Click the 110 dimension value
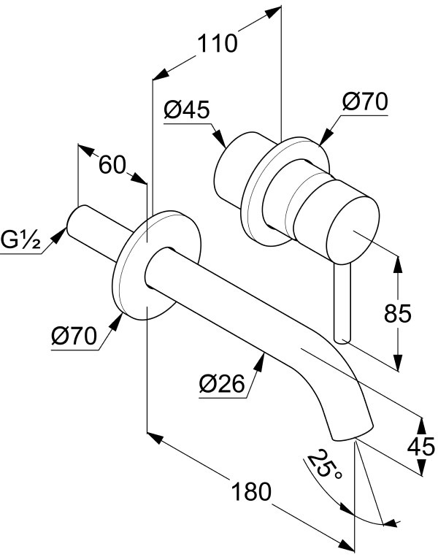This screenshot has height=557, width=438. click(x=217, y=43)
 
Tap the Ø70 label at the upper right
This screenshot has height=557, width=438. click(x=365, y=101)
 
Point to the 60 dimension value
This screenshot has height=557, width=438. click(x=112, y=165)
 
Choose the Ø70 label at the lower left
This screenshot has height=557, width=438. click(x=74, y=335)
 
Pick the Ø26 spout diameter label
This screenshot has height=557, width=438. click(x=222, y=383)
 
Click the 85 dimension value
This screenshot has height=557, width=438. click(x=398, y=313)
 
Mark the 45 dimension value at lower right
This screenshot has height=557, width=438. click(x=421, y=447)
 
